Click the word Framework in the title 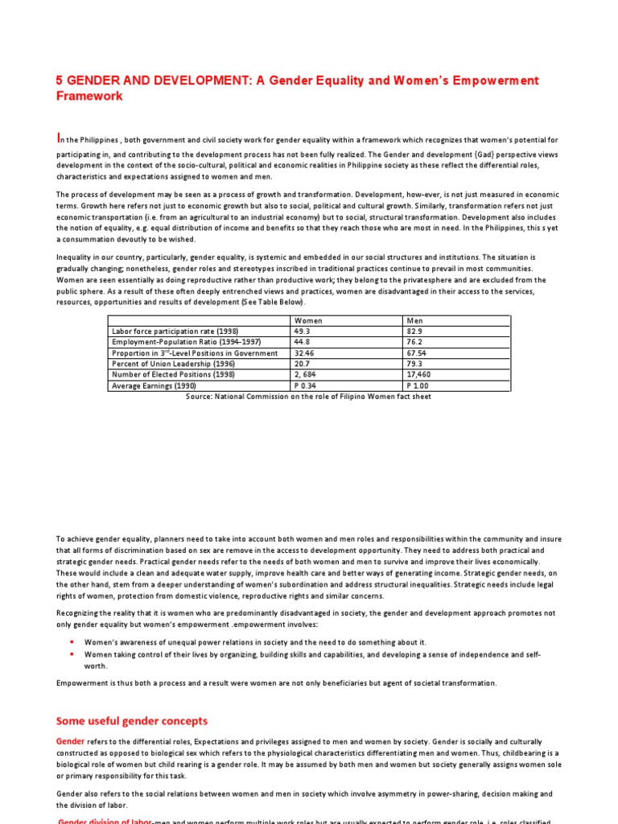point(89,96)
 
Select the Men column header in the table point(415,320)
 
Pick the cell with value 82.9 point(415,331)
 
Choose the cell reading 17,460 point(420,375)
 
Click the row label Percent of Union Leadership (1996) point(170,364)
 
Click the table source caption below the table point(308,396)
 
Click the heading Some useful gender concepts point(132,720)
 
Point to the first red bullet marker point(72,642)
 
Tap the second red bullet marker point(72,654)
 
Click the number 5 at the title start point(59,80)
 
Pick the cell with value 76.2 point(415,342)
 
